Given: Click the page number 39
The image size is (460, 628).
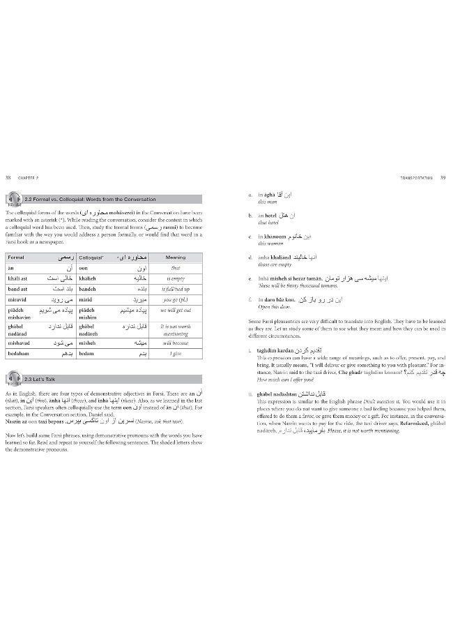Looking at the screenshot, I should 442,177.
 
